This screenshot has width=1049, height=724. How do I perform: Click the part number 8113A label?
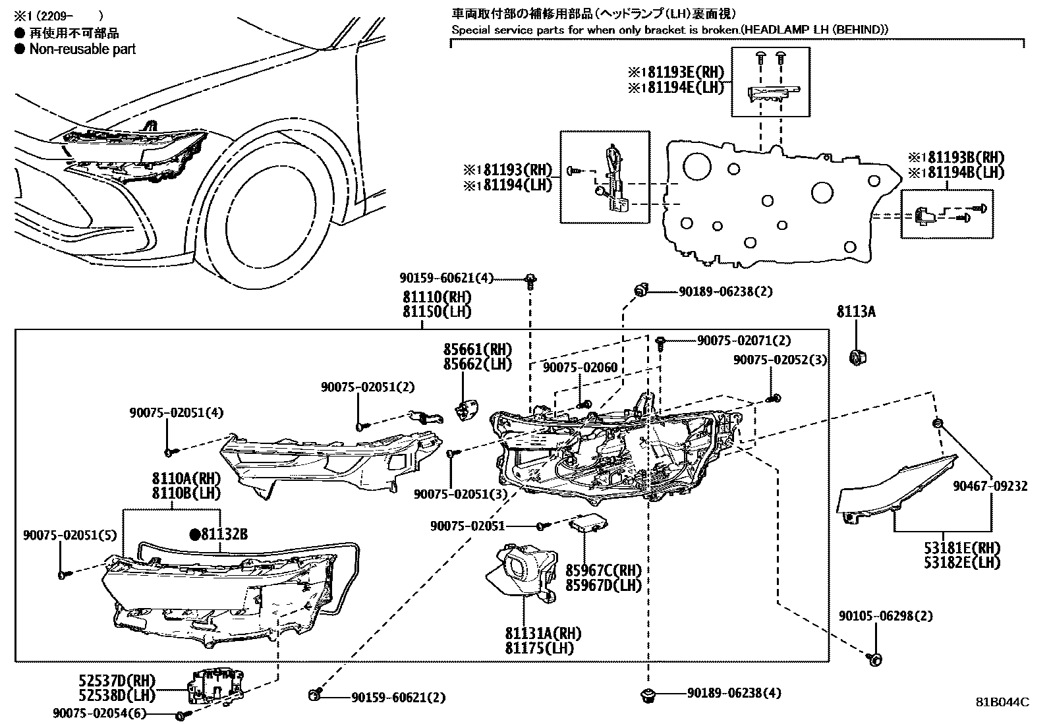pos(856,312)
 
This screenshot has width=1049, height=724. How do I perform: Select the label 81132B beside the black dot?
pos(224,534)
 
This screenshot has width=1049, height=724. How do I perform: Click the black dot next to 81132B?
pos(194,534)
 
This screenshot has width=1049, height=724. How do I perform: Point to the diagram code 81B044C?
pos(1002,702)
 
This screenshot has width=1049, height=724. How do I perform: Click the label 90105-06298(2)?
pos(885,616)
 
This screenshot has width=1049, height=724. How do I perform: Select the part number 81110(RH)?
pos(437,298)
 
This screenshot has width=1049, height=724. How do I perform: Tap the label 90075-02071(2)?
pos(744,341)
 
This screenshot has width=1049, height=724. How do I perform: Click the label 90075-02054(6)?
pos(99,713)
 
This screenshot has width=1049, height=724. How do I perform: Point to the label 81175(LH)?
pos(540,648)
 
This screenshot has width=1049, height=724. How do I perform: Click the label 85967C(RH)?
pos(603,570)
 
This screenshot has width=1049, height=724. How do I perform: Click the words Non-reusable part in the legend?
pos(82,49)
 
